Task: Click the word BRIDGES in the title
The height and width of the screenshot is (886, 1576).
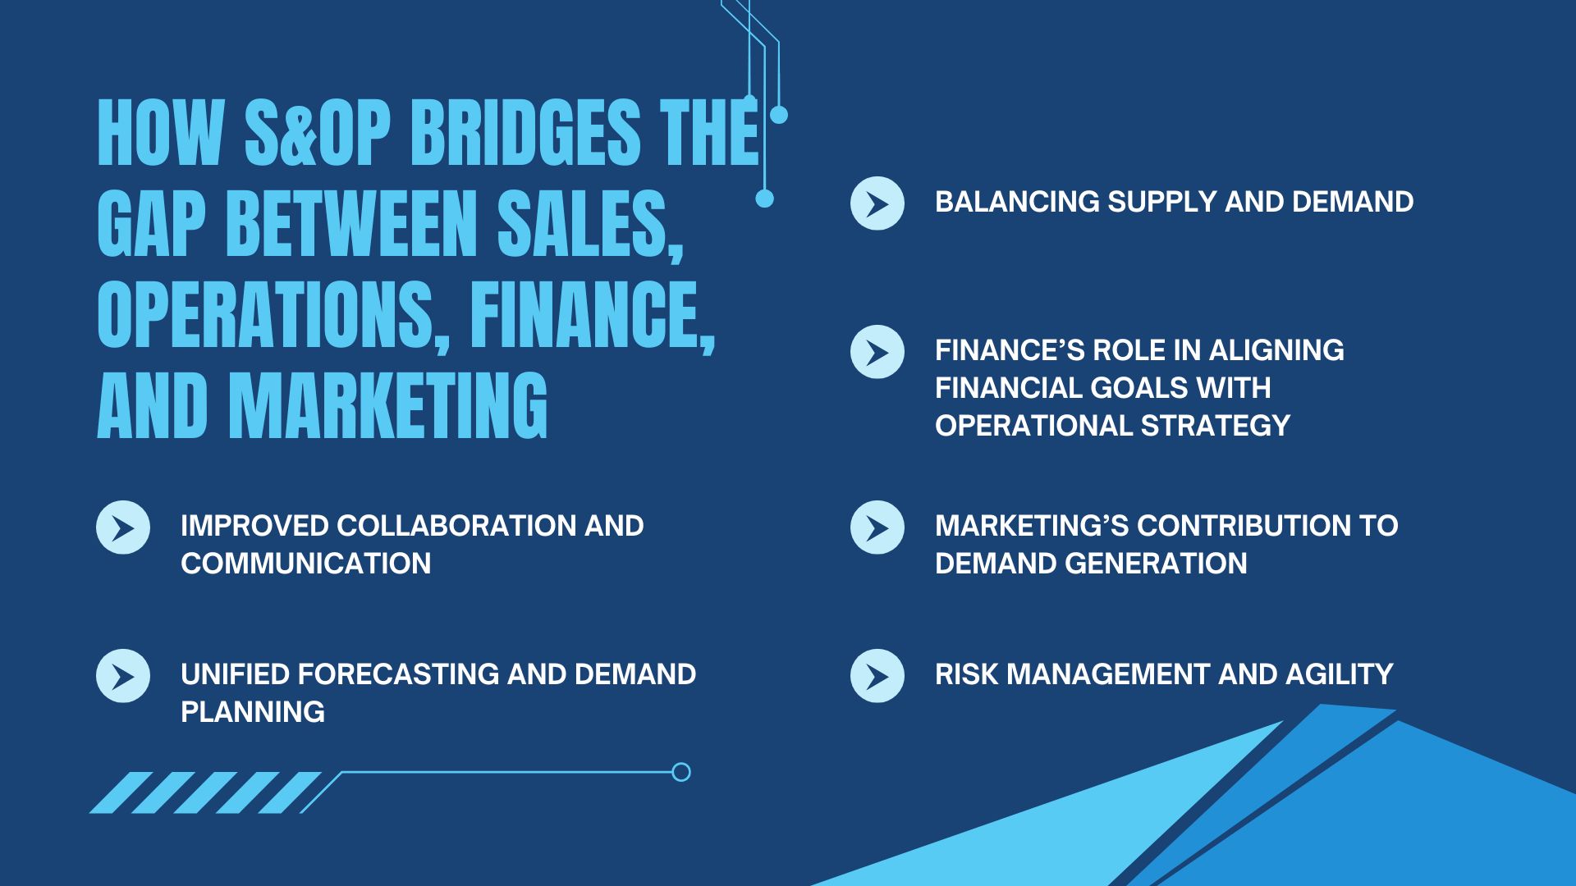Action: (x=525, y=133)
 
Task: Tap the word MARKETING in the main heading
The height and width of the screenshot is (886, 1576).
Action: (x=388, y=405)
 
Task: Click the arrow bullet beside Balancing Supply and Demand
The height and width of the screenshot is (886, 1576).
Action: (x=877, y=203)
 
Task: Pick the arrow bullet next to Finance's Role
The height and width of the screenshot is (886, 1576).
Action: (x=877, y=352)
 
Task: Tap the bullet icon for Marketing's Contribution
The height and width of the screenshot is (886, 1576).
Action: (x=877, y=527)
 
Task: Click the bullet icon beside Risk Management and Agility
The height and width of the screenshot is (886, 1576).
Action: (x=877, y=676)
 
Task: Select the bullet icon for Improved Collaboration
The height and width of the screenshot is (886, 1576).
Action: (x=123, y=527)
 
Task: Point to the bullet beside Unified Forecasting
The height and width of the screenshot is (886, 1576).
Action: (x=123, y=676)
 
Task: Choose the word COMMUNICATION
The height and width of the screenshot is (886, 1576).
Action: (x=305, y=564)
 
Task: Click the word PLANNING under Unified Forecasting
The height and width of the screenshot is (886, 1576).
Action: (x=253, y=712)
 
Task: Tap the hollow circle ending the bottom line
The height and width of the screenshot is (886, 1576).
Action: (x=680, y=772)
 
